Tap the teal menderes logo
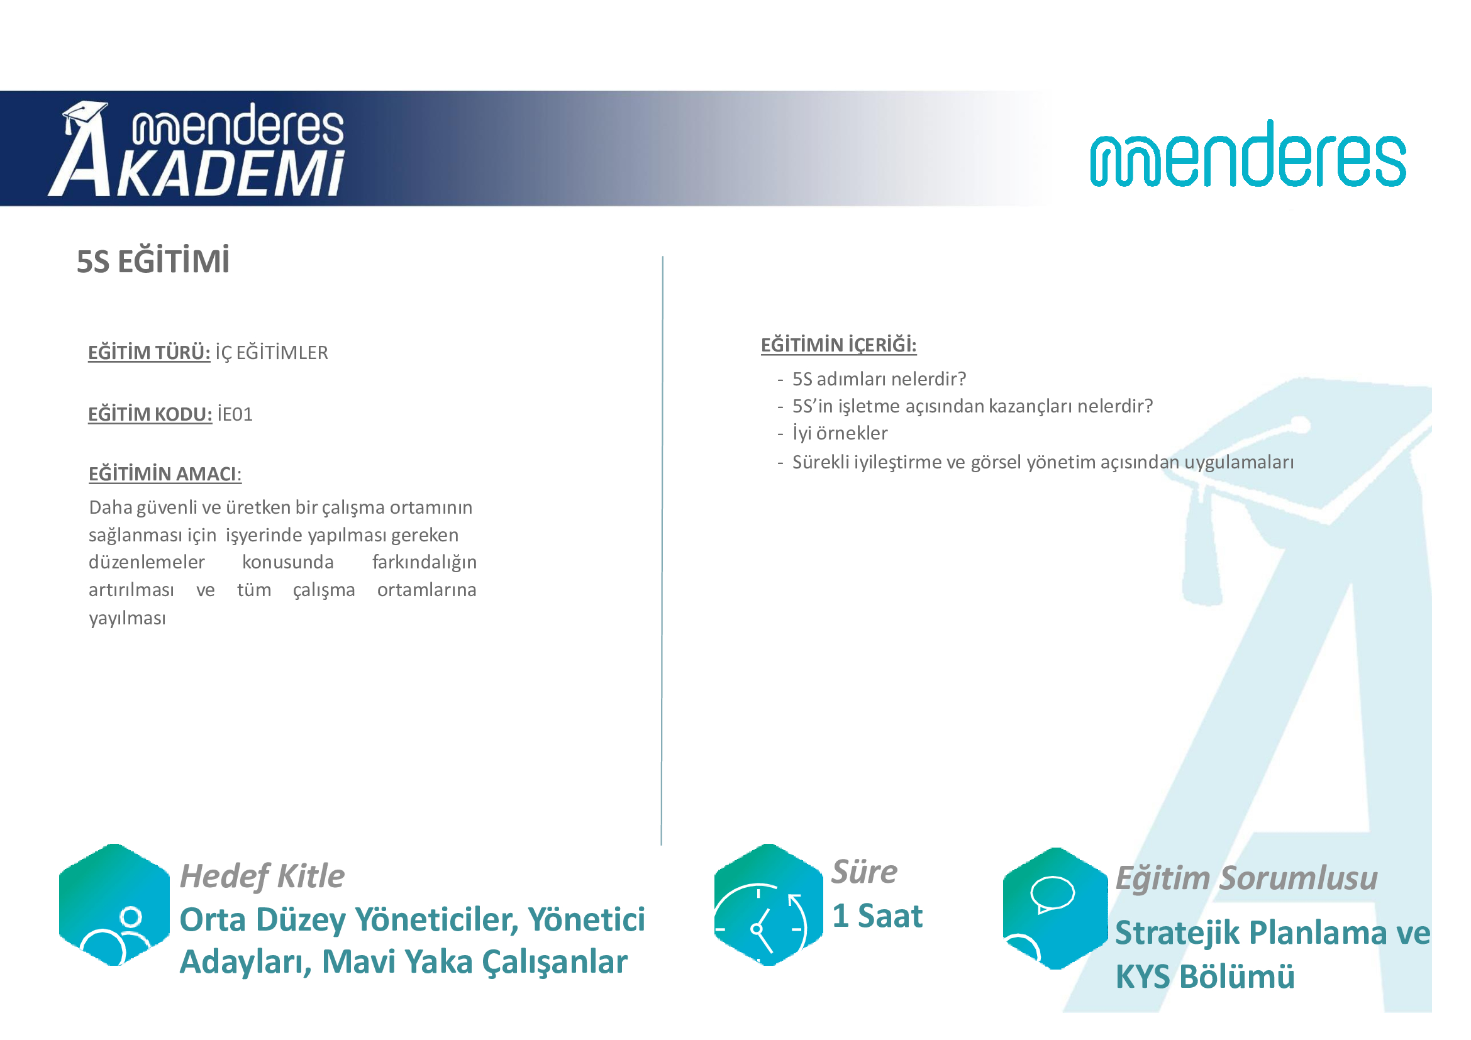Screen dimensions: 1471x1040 1248,153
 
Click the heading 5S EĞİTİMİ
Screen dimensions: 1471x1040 153,262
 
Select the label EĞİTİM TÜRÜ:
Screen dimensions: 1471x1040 149,352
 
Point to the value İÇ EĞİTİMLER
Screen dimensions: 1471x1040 272,353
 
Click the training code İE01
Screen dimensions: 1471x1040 235,414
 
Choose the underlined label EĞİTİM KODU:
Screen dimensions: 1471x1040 150,414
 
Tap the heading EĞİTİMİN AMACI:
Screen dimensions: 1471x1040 165,474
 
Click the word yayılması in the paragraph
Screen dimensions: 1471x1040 128,618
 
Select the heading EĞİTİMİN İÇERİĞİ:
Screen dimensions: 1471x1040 839,345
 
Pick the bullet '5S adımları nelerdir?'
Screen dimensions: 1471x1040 879,379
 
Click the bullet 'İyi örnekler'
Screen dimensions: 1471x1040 840,434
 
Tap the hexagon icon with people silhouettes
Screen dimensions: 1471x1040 114,904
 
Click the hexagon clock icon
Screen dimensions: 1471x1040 768,904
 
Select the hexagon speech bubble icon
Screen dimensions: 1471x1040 1055,908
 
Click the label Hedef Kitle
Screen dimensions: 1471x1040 262,876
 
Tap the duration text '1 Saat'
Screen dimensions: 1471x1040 878,916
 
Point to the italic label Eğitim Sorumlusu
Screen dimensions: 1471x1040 1246,878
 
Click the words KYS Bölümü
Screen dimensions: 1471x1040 1205,977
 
